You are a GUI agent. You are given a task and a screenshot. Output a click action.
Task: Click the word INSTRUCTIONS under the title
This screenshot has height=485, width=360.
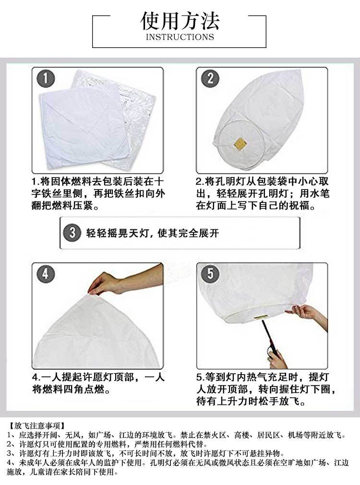[x=180, y=37]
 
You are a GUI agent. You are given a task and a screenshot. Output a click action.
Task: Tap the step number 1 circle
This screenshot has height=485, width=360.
[x=45, y=79]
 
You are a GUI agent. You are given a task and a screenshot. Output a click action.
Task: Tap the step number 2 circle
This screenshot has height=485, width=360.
[x=209, y=78]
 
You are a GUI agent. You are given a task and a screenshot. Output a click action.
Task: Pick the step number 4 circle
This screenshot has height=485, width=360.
[x=45, y=274]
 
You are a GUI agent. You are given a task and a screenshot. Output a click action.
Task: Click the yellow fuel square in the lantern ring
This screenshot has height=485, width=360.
[x=239, y=143]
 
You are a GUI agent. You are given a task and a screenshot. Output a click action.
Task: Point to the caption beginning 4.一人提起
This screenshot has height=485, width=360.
[x=98, y=382]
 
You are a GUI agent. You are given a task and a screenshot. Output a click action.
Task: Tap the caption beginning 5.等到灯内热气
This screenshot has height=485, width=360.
[x=263, y=389]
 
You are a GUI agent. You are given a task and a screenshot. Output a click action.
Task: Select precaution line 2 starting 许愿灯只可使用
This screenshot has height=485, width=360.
[x=106, y=444]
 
